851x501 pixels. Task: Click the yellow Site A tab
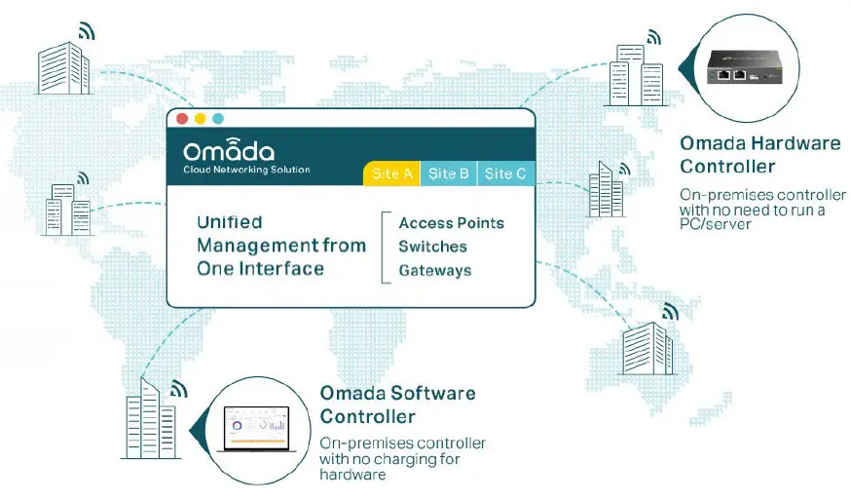pyautogui.click(x=391, y=173)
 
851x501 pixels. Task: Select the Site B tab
pyautogui.click(x=448, y=173)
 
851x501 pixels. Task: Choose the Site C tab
pyautogui.click(x=505, y=173)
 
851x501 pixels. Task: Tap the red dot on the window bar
pyautogui.click(x=182, y=119)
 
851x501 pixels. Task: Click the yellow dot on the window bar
pyautogui.click(x=201, y=119)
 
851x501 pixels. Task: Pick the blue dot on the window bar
pyautogui.click(x=218, y=119)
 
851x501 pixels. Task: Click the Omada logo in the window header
pyautogui.click(x=229, y=149)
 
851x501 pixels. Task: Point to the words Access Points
pyautogui.click(x=452, y=223)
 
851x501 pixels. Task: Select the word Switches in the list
pyautogui.click(x=432, y=247)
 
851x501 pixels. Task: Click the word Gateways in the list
pyautogui.click(x=434, y=270)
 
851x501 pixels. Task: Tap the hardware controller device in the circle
pyautogui.click(x=745, y=68)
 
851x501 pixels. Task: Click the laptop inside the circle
pyautogui.click(x=257, y=429)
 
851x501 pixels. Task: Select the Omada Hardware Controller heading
pyautogui.click(x=759, y=154)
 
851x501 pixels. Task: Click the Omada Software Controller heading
pyautogui.click(x=398, y=405)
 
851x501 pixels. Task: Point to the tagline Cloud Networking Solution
pyautogui.click(x=246, y=170)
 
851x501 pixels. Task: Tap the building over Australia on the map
pyautogui.click(x=648, y=348)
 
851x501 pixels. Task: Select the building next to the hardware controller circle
pyautogui.click(x=637, y=75)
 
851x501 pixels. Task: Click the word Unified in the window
pyautogui.click(x=230, y=222)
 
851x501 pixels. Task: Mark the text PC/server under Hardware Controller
pyautogui.click(x=716, y=224)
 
